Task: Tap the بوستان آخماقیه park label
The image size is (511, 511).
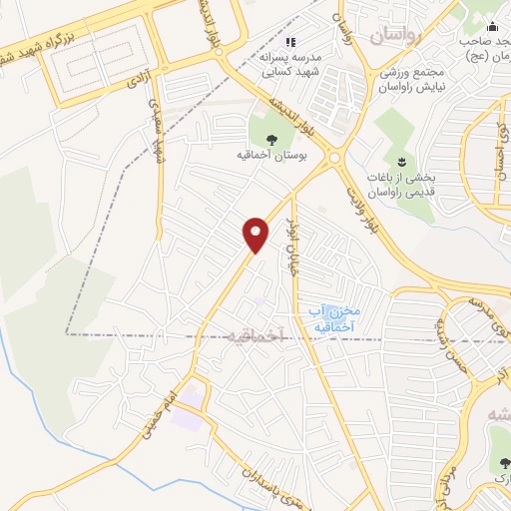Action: (276, 156)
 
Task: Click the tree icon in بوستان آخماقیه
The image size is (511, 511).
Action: (272, 138)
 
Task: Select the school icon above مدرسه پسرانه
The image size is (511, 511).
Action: (291, 42)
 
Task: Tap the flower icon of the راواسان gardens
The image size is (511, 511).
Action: (401, 162)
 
